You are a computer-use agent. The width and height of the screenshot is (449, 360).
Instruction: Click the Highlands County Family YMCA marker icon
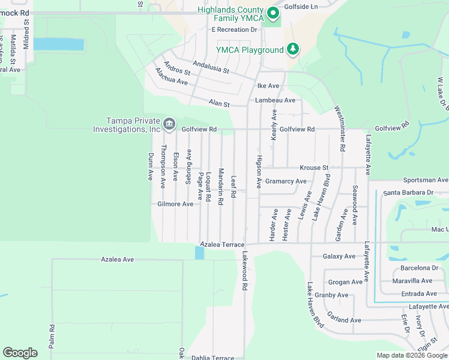tap(273, 13)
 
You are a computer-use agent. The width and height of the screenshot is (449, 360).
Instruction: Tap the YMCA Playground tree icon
tap(293, 49)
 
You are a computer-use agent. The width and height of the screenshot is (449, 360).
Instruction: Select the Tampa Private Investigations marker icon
tap(169, 124)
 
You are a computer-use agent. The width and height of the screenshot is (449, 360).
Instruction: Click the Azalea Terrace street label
tap(222, 245)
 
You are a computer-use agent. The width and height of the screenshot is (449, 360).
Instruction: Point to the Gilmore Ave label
tap(175, 204)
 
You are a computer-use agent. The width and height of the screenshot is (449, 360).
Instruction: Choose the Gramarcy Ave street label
tap(286, 181)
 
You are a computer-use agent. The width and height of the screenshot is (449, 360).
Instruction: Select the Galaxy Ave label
tap(339, 256)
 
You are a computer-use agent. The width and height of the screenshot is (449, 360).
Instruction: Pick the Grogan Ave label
tap(346, 282)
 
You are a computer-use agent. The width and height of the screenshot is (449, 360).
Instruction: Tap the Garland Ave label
tap(345, 320)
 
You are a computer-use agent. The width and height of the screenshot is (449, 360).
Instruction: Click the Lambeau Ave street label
tap(275, 100)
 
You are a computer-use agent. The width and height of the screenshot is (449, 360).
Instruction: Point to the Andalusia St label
tap(211, 66)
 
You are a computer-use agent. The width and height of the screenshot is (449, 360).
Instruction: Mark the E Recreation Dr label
tap(234, 29)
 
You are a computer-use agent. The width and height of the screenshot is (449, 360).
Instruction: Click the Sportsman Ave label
tap(426, 180)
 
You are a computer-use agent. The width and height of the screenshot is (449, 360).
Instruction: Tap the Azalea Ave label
tap(116, 259)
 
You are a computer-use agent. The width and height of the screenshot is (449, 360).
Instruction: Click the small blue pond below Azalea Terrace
tap(199, 253)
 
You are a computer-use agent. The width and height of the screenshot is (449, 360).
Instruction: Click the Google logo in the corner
tap(20, 353)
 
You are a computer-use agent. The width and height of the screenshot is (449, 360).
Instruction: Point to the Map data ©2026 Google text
tap(411, 355)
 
